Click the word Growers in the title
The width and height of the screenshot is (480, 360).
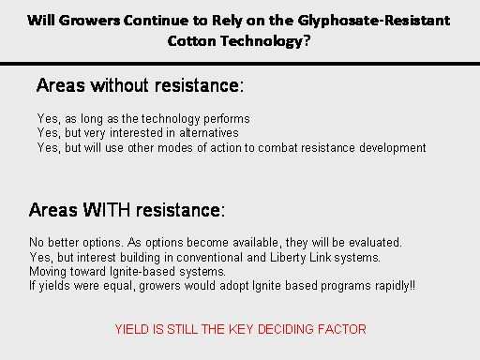coord(89,21)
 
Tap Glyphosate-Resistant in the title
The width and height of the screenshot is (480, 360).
coord(374,22)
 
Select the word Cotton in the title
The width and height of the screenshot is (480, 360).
coord(191,41)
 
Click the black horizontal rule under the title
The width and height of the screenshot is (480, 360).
coord(240,64)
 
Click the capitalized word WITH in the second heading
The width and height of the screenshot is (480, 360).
coord(106,210)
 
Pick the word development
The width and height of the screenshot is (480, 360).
coord(392,148)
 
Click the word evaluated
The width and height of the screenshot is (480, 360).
coord(375,243)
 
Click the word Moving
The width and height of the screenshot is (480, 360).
coord(48,272)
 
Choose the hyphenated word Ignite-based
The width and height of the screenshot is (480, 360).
coord(142,272)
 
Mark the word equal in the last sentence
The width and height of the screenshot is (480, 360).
coord(119,286)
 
